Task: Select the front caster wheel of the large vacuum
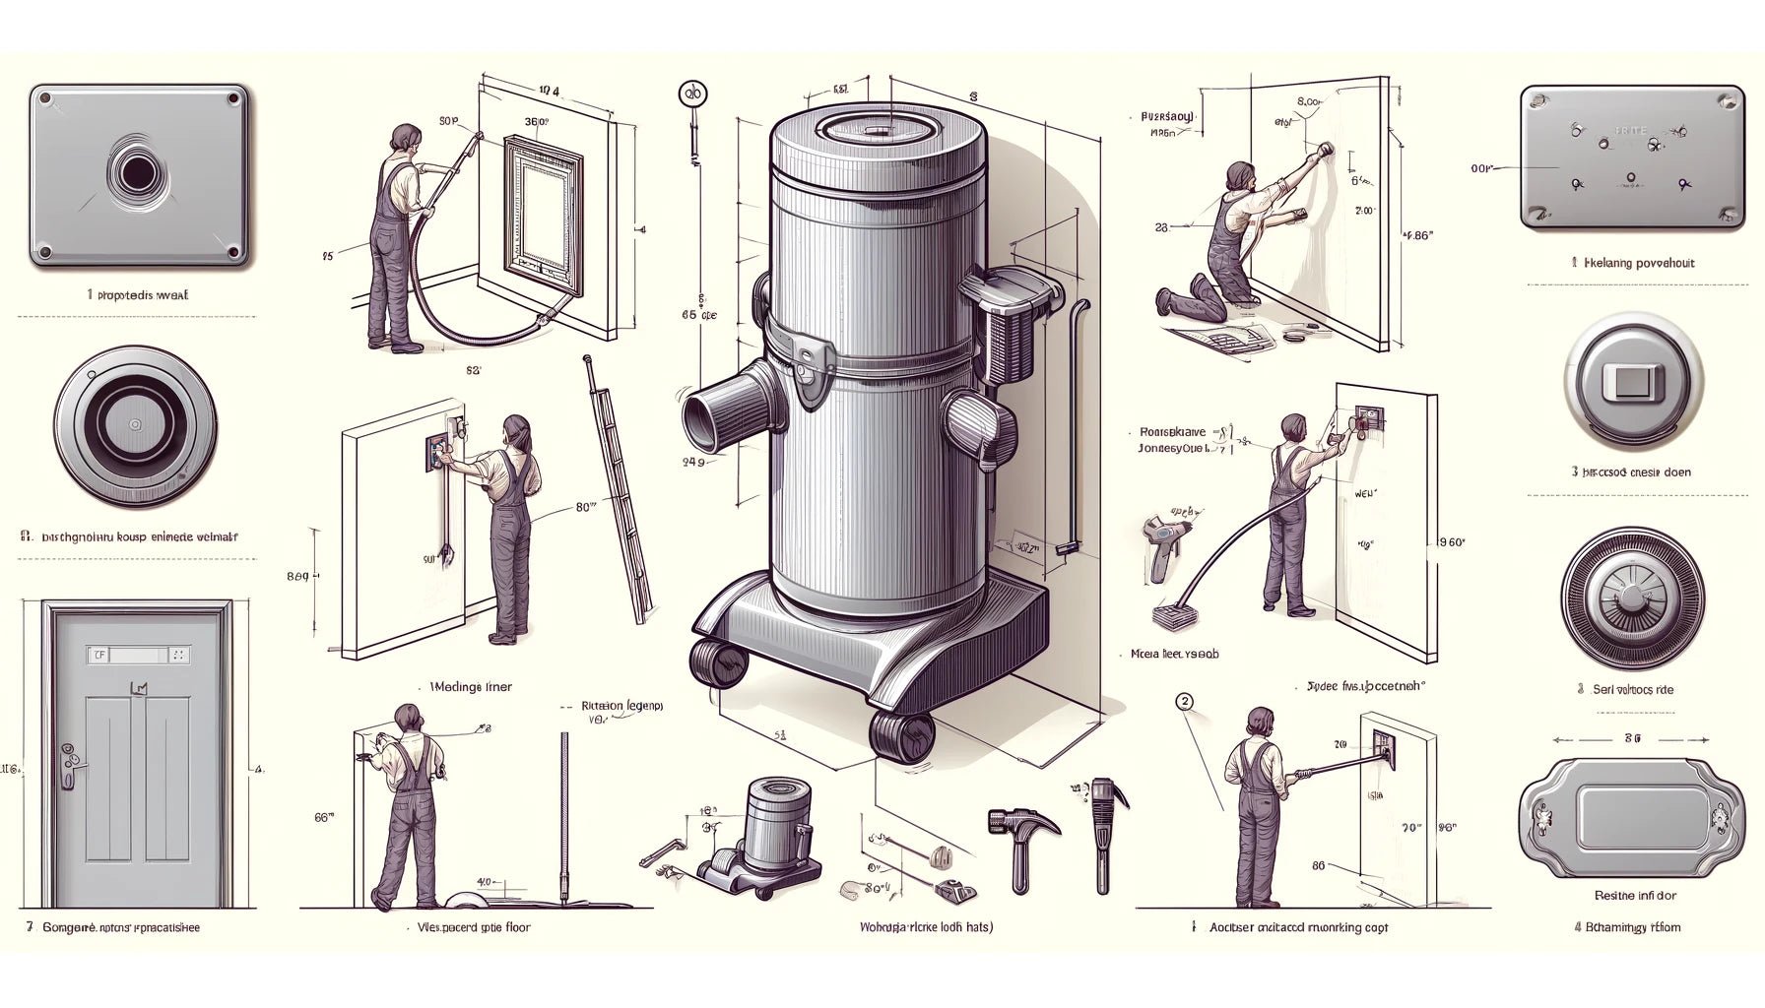900,736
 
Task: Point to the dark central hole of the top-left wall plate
137,173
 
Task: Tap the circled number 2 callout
1185,702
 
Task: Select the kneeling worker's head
1241,177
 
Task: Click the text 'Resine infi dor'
1634,896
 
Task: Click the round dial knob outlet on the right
1632,597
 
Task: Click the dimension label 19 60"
1451,542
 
